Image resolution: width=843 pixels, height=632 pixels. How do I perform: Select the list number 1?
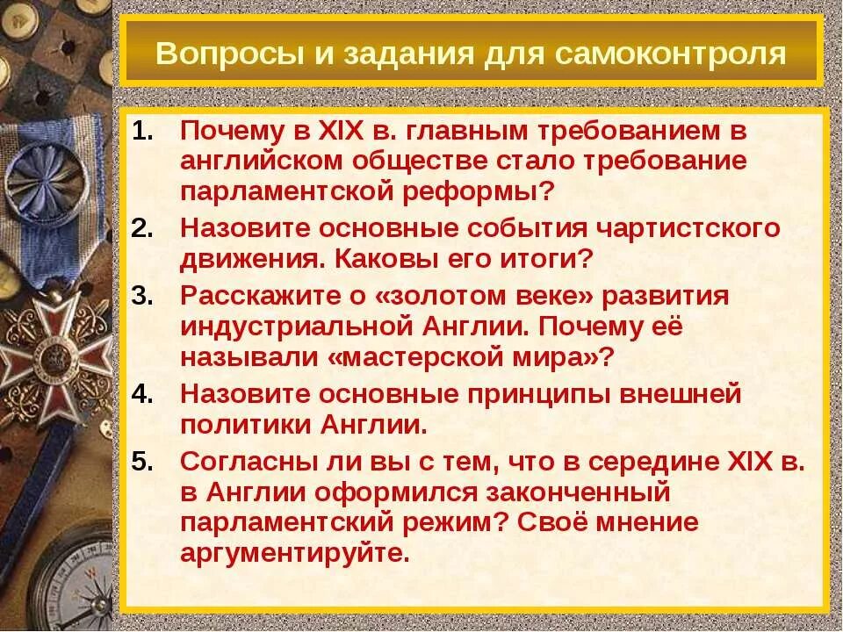point(142,131)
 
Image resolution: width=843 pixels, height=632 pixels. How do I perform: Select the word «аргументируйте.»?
point(295,555)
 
